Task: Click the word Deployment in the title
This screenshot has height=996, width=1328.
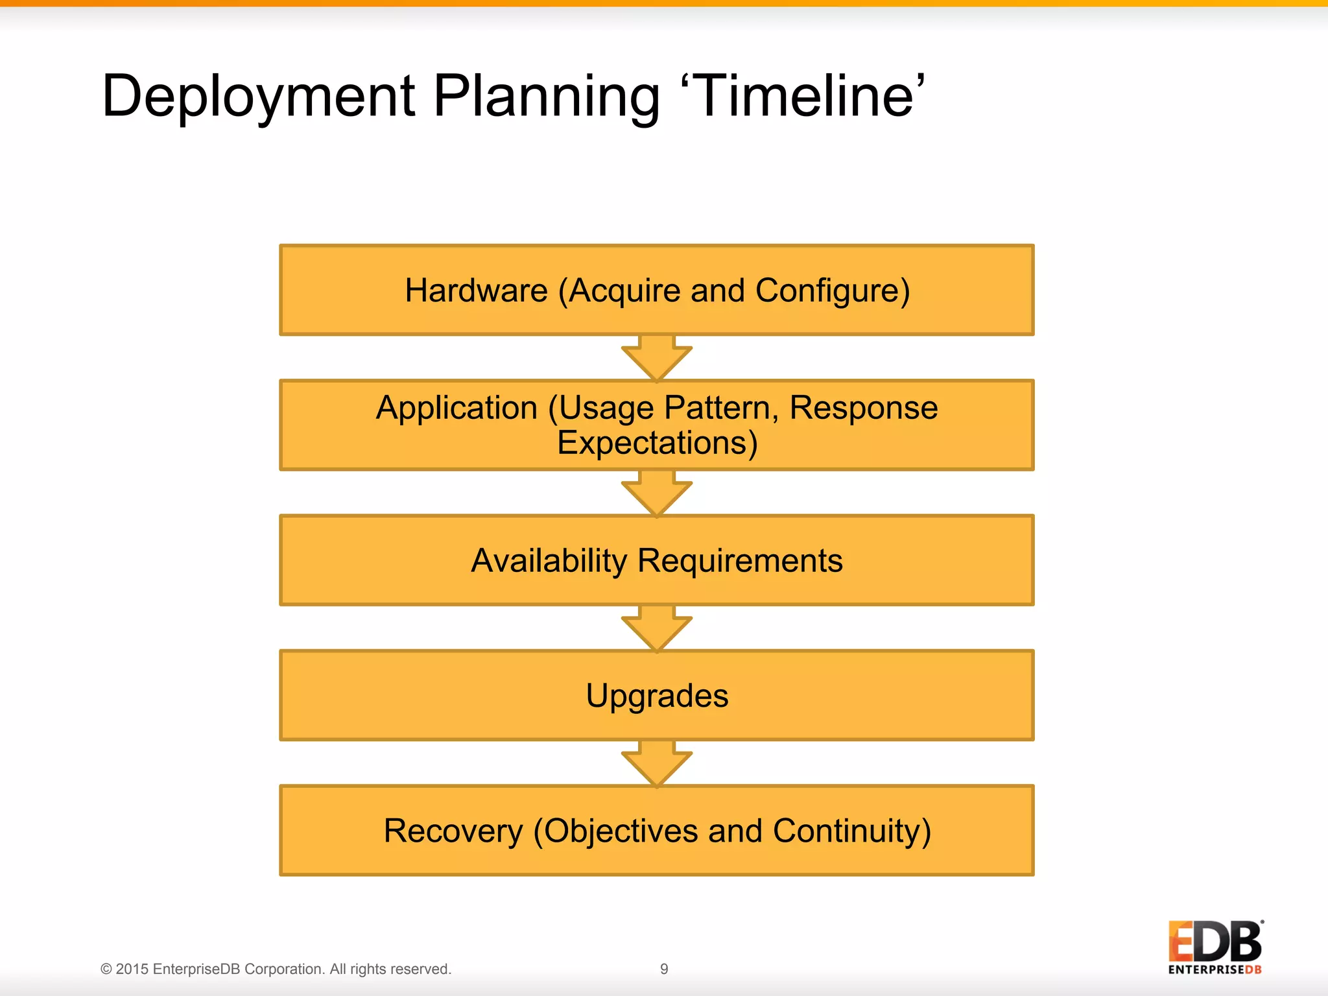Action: click(x=258, y=97)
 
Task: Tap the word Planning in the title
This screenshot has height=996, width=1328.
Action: click(x=546, y=97)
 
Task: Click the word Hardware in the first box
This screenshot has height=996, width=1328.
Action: click(x=477, y=290)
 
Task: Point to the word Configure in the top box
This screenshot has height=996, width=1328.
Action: click(x=833, y=291)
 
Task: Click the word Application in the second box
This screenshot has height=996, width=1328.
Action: click(x=457, y=409)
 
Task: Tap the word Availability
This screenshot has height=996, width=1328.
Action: click(x=549, y=561)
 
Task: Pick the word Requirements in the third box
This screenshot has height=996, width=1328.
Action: click(x=740, y=561)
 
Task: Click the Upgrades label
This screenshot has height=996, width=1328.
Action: click(x=657, y=696)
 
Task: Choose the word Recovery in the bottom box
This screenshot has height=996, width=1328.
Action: click(x=453, y=831)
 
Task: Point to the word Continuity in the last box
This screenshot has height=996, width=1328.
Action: click(x=851, y=831)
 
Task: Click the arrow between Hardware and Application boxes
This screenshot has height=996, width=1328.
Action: click(x=657, y=358)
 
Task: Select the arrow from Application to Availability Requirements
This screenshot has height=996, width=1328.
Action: click(x=657, y=493)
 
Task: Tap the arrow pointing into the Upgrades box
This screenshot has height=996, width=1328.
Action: click(x=657, y=628)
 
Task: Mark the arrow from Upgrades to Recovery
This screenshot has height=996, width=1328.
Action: click(x=657, y=763)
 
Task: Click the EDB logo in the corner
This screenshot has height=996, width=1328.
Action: click(x=1215, y=947)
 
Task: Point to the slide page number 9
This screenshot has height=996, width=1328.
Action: click(x=664, y=969)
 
